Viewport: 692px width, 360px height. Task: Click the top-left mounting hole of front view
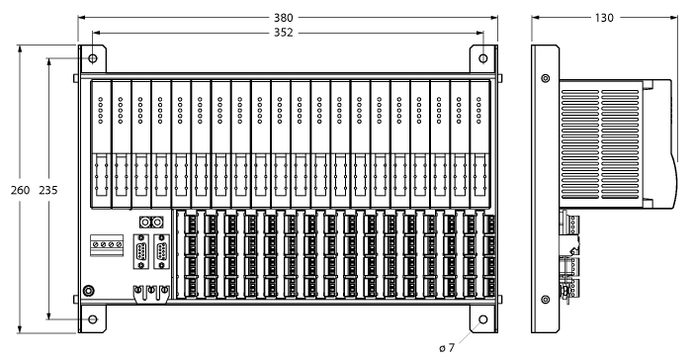tap(92, 56)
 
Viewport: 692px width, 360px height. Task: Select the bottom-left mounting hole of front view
tap(92, 319)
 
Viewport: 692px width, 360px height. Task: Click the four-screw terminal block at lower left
tap(106, 243)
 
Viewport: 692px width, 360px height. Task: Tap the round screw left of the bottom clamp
tap(88, 290)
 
